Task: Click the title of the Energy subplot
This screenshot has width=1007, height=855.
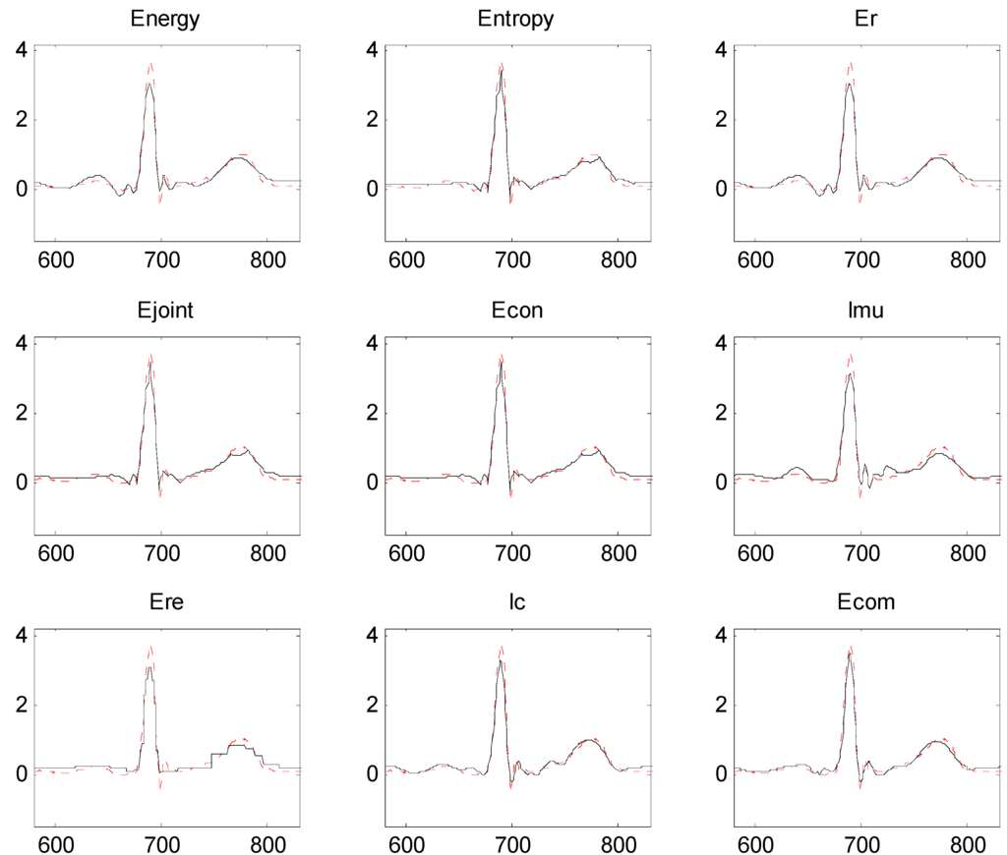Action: [165, 19]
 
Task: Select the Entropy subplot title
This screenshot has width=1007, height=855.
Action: [515, 19]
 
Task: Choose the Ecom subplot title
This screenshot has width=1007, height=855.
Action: [866, 602]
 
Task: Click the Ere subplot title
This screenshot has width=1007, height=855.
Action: [165, 602]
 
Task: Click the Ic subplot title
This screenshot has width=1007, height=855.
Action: [515, 602]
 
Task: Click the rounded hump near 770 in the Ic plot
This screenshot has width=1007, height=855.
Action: [587, 741]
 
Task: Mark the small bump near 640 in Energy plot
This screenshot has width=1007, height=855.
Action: [97, 176]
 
